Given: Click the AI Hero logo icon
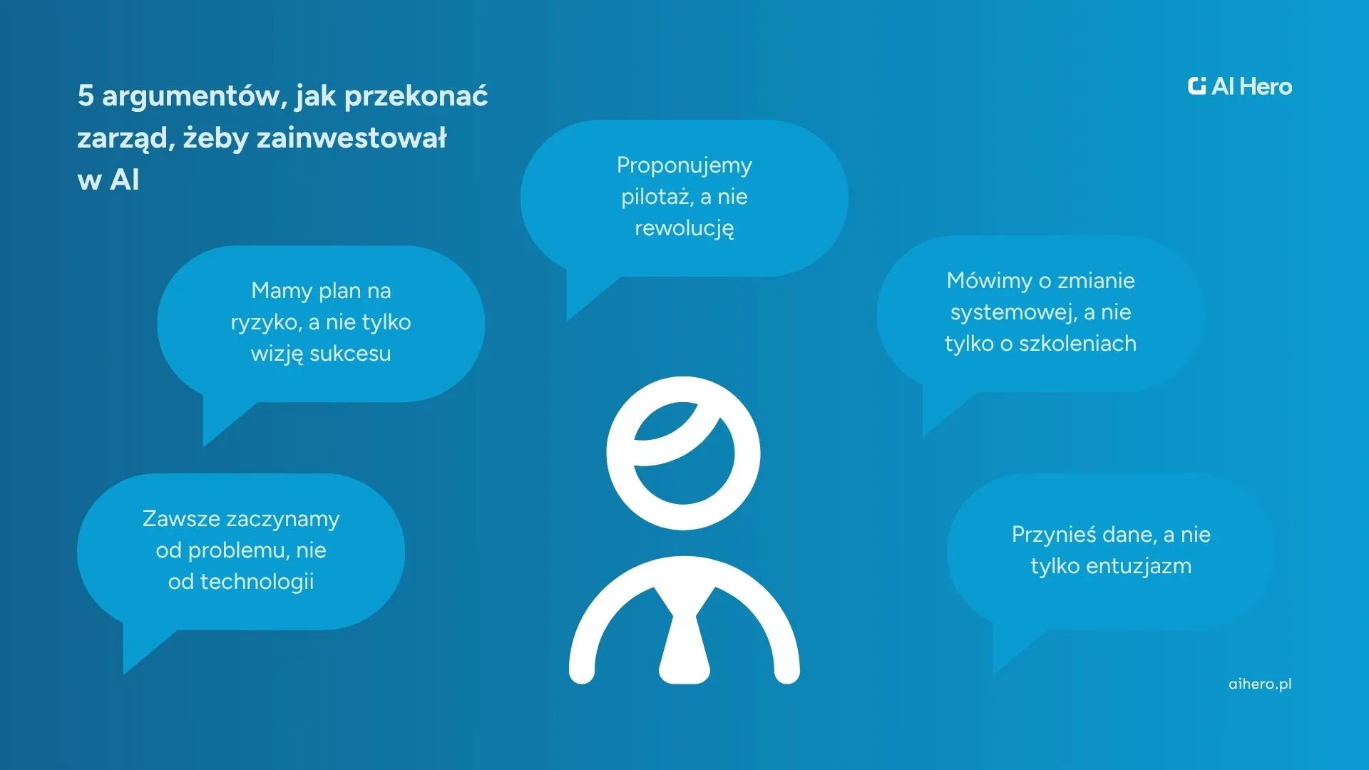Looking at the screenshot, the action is [x=1197, y=86].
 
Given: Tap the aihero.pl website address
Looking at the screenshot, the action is [x=1260, y=684].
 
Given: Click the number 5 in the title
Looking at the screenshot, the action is [x=86, y=96].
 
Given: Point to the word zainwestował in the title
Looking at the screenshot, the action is [x=352, y=138].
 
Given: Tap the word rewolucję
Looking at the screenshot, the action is [x=684, y=229].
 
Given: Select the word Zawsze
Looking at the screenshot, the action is [x=181, y=519].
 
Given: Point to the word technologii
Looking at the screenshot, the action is [x=257, y=582].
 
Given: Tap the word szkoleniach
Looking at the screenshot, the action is [x=1077, y=344].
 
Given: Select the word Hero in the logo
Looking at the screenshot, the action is [x=1266, y=86].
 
